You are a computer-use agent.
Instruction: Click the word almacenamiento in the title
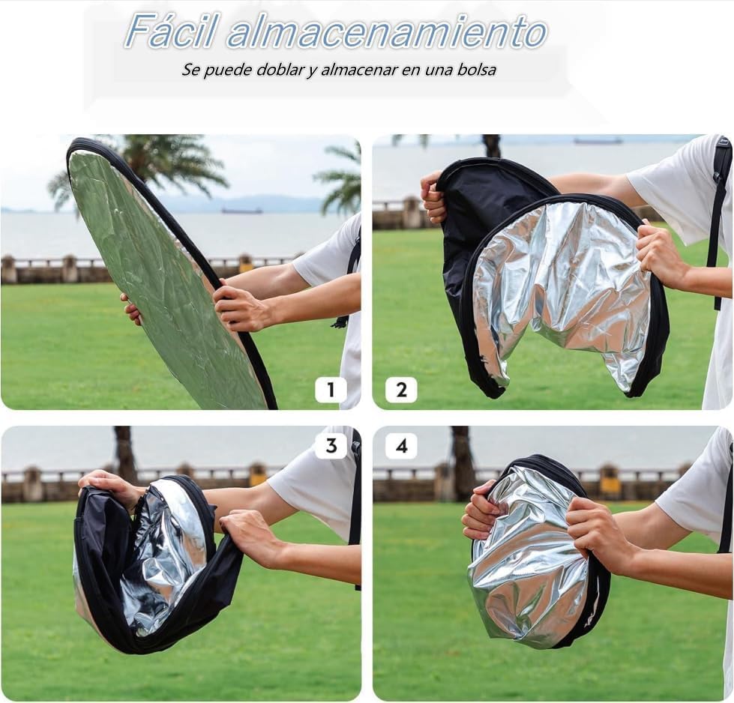(x=387, y=32)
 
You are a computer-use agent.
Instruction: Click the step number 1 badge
(x=330, y=390)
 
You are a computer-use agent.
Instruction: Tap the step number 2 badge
(x=401, y=390)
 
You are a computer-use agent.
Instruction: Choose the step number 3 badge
(x=331, y=445)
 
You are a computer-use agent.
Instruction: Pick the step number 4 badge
(x=401, y=446)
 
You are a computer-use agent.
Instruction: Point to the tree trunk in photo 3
(x=124, y=453)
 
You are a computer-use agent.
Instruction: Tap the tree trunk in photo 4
(x=462, y=457)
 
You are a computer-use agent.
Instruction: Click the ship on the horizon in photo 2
(x=598, y=140)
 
